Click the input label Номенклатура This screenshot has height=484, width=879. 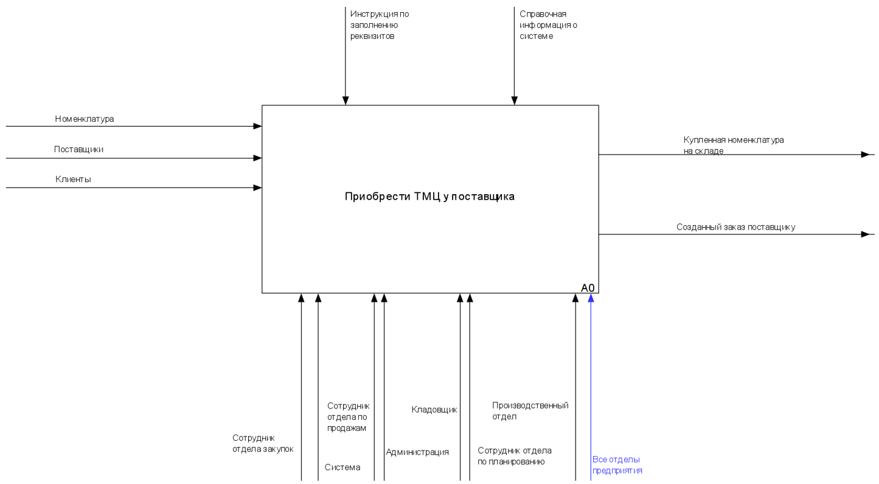coord(84,119)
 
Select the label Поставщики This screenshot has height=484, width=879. coord(78,149)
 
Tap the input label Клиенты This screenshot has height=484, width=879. coord(73,179)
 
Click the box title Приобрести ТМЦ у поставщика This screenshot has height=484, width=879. coord(429,197)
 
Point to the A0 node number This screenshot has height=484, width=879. coord(588,288)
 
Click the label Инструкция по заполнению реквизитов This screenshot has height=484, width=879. coord(375,25)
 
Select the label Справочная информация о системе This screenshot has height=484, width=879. coord(547,25)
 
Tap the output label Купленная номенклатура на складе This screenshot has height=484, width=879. coord(733,145)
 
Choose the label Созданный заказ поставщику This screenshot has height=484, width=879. coord(735,227)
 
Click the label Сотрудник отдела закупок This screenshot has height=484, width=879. coord(263,443)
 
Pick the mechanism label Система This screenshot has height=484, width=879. coord(342,467)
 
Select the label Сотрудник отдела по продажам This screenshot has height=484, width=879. coord(348,416)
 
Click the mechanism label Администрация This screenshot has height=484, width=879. coord(417,452)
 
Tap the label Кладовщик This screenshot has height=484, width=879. coord(434,410)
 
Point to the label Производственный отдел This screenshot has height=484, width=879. coord(530,411)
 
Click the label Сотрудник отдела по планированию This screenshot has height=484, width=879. coord(514,456)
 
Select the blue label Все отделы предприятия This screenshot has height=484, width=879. coord(617,465)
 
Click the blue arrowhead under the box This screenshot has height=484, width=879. coord(591,298)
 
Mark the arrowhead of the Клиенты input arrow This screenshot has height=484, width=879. coord(258,188)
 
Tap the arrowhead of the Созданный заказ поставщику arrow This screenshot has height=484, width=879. coord(865,234)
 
